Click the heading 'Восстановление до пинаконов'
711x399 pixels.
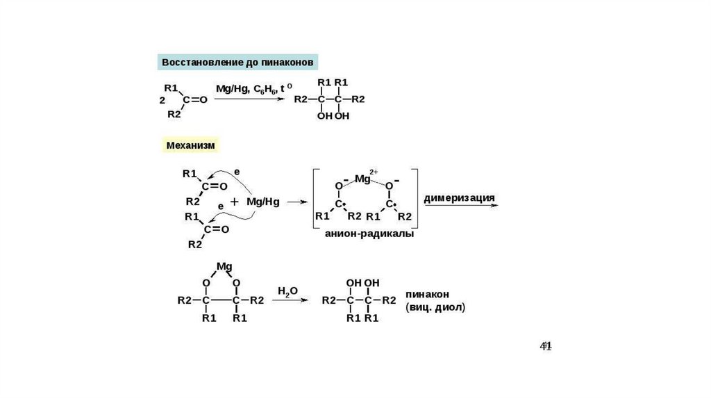point(238,63)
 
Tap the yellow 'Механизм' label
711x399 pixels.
point(191,145)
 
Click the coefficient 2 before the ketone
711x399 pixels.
point(162,101)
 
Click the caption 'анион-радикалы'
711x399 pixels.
point(369,234)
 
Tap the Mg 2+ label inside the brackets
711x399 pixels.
point(365,179)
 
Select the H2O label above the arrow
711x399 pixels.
point(287,289)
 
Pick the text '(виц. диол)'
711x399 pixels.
point(435,306)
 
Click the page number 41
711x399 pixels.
point(546,345)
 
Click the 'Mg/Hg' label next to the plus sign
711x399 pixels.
point(262,202)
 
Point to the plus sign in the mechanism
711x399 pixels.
point(234,202)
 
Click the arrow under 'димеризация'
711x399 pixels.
point(460,206)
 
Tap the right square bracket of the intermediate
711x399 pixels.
point(416,198)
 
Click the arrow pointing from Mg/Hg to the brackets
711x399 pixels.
point(296,202)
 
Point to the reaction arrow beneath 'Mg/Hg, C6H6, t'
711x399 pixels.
point(249,99)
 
